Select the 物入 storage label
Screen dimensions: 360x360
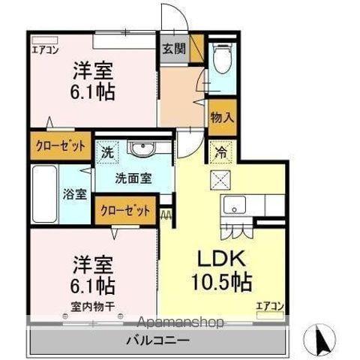tap(221, 117)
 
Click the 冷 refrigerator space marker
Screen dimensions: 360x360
tap(222, 151)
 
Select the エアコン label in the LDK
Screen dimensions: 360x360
tap(269, 305)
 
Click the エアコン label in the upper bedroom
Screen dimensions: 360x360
tap(44, 52)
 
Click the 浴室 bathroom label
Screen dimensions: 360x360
tap(74, 193)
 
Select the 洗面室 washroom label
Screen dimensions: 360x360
tap(133, 178)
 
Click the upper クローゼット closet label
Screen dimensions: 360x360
tap(60, 144)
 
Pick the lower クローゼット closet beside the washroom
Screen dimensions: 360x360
tap(124, 209)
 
